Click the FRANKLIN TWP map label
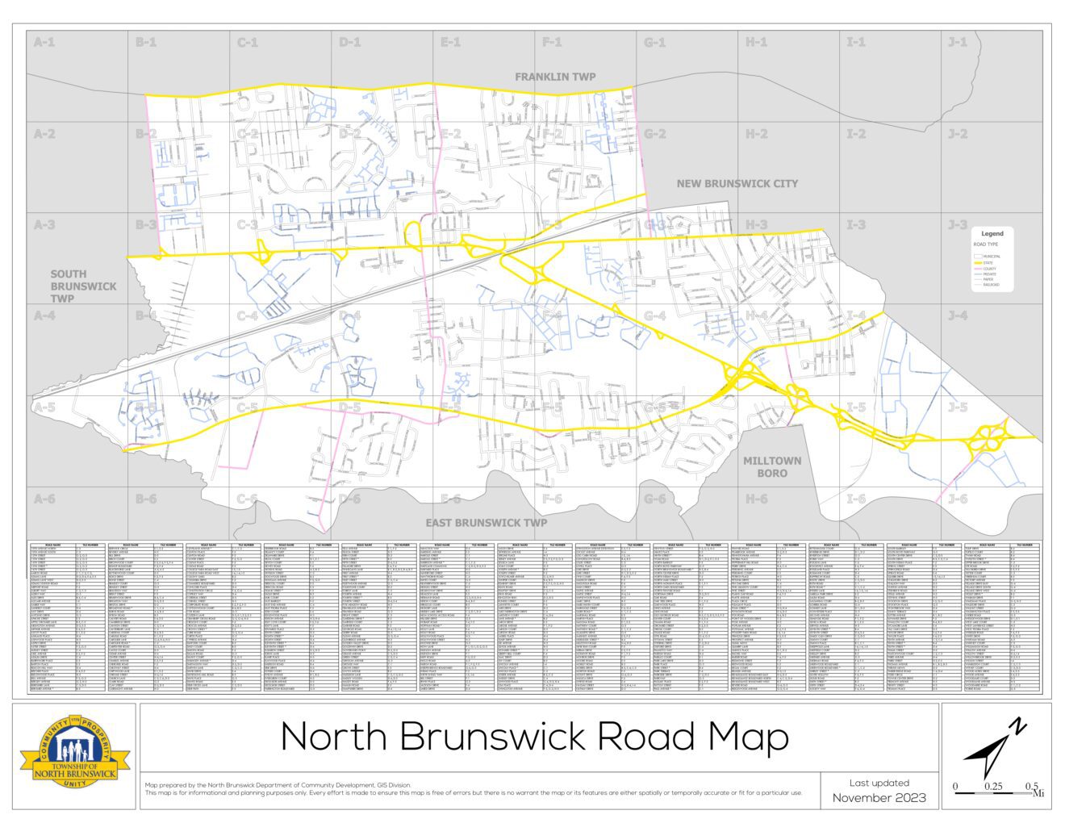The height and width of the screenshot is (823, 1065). pyautogui.click(x=555, y=77)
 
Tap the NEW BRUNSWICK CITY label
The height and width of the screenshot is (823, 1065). pyautogui.click(x=737, y=184)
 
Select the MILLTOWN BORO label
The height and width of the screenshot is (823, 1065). pyautogui.click(x=772, y=467)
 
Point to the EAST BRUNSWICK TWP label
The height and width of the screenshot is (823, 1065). pyautogui.click(x=486, y=523)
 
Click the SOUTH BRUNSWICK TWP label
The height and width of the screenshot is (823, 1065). pyautogui.click(x=83, y=286)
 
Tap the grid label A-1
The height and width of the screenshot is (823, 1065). pyautogui.click(x=44, y=42)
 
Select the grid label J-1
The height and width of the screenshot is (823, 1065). pyautogui.click(x=958, y=42)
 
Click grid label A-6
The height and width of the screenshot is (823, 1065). pyautogui.click(x=44, y=499)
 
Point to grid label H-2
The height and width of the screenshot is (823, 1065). pyautogui.click(x=756, y=134)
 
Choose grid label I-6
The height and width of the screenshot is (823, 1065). pyautogui.click(x=856, y=499)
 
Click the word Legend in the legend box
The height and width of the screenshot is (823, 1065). pyautogui.click(x=992, y=234)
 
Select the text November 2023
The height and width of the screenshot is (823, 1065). pyautogui.click(x=879, y=798)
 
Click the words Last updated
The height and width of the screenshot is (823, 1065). pyautogui.click(x=879, y=783)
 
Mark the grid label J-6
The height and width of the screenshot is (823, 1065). pyautogui.click(x=958, y=499)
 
